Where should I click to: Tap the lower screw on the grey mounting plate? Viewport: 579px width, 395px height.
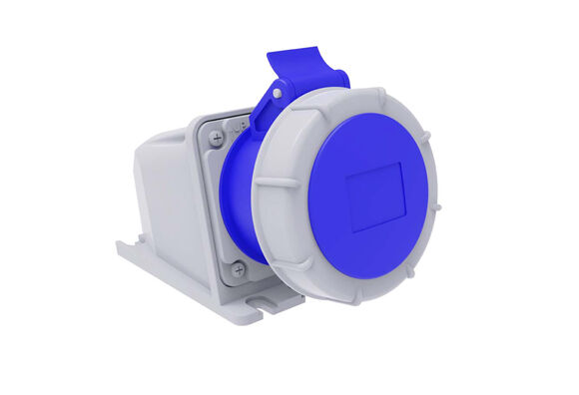point(238,268)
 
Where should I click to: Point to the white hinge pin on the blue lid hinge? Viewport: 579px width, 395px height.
point(277,93)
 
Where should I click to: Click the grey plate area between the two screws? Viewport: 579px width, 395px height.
point(225,204)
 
